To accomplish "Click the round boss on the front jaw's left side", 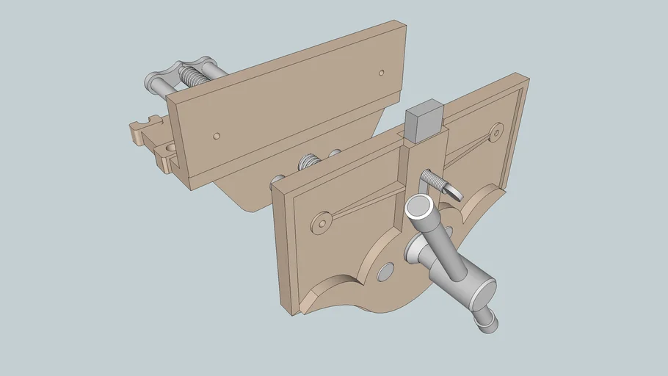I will (321, 222).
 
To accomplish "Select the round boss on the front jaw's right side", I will (497, 131).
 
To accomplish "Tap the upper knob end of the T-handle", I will (421, 211).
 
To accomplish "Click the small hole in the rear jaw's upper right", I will (381, 72).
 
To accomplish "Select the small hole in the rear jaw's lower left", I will (216, 136).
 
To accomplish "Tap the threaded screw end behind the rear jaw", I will (197, 76).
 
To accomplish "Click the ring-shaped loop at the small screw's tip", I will (455, 194).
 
